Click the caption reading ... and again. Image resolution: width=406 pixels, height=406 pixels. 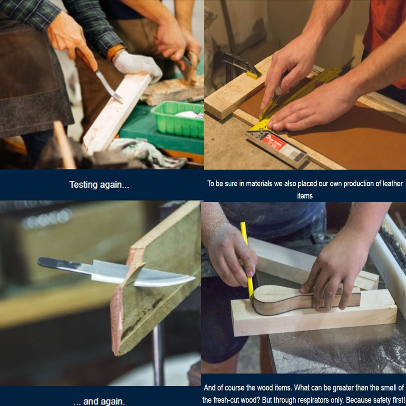coord(99,401)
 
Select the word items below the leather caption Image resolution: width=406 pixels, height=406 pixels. coord(305,196)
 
